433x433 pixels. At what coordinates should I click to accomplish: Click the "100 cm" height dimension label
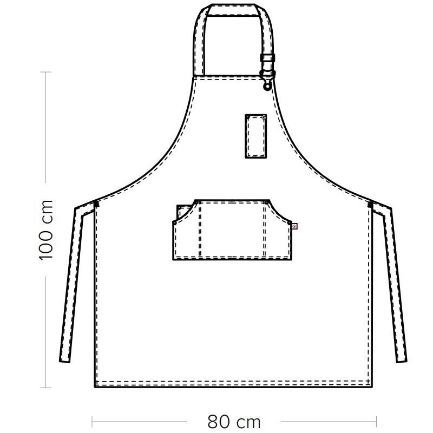(45, 229)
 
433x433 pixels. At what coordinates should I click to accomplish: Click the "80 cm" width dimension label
(234, 422)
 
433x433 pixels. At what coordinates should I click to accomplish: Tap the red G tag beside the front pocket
(294, 226)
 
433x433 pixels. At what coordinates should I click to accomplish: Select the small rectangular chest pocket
(255, 136)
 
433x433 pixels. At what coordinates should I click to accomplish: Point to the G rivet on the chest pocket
(264, 117)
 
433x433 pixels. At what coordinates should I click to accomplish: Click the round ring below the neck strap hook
(267, 87)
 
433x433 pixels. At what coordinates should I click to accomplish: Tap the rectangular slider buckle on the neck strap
(267, 58)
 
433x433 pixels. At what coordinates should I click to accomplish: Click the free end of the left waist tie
(64, 361)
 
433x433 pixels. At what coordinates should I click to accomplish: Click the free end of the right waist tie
(402, 361)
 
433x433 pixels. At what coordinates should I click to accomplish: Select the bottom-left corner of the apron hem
(95, 387)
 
